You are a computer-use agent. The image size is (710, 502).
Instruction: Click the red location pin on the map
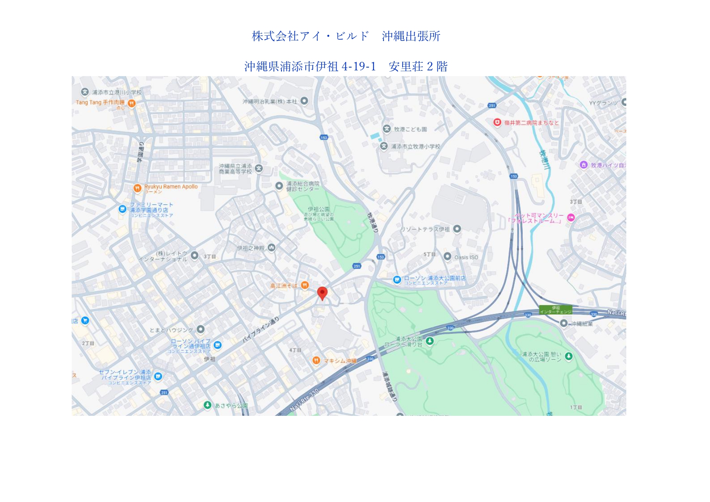322,293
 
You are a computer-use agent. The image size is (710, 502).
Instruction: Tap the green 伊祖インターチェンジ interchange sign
555,310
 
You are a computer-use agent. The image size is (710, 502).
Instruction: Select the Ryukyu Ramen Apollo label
171,187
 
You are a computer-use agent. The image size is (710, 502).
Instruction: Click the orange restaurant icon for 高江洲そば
305,285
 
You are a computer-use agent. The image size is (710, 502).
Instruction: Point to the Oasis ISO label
466,257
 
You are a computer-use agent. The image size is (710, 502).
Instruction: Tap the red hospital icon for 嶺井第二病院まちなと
497,122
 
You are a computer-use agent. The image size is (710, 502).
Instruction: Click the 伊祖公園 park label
319,210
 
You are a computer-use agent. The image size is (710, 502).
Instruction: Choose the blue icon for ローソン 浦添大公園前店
397,279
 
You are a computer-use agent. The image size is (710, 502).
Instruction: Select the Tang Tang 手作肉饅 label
100,103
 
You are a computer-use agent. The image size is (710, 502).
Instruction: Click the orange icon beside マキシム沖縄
316,360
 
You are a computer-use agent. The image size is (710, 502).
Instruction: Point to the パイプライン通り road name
261,330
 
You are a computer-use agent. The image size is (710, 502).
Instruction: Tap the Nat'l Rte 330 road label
304,400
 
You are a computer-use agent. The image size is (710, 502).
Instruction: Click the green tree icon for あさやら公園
208,405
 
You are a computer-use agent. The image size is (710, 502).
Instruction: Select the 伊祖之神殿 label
250,248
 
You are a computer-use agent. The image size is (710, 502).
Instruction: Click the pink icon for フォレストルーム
571,218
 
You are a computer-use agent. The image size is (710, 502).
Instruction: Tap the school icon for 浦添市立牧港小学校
384,146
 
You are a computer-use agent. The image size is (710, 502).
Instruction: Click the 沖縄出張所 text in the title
411,36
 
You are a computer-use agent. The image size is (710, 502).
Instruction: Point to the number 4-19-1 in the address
359,66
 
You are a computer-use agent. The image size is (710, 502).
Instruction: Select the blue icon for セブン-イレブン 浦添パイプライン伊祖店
158,376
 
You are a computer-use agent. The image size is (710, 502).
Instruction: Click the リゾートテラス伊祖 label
425,229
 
